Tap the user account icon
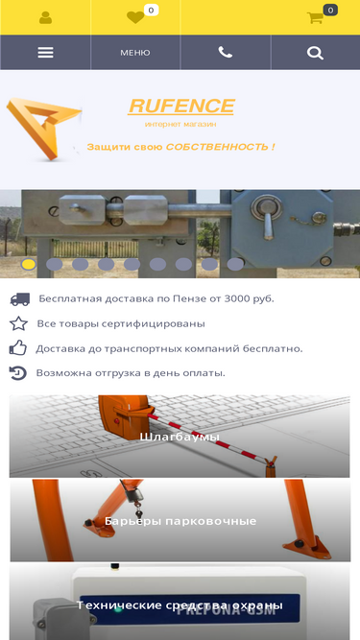[x=45, y=17]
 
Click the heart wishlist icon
[x=135, y=17]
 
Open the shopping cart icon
[x=315, y=17]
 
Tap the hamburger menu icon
[x=45, y=53]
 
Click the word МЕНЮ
[x=135, y=53]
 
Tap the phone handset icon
[x=226, y=52]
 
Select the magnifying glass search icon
[x=315, y=53]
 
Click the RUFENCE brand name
[x=181, y=107]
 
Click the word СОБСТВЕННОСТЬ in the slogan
[x=217, y=147]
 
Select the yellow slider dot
[x=28, y=264]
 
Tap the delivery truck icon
[x=20, y=299]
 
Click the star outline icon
[x=18, y=324]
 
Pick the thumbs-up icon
[x=18, y=348]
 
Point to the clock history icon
[x=18, y=373]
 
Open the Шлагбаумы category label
[x=180, y=438]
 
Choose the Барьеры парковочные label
[x=180, y=521]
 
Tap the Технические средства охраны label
[x=180, y=604]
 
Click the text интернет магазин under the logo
[x=180, y=124]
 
